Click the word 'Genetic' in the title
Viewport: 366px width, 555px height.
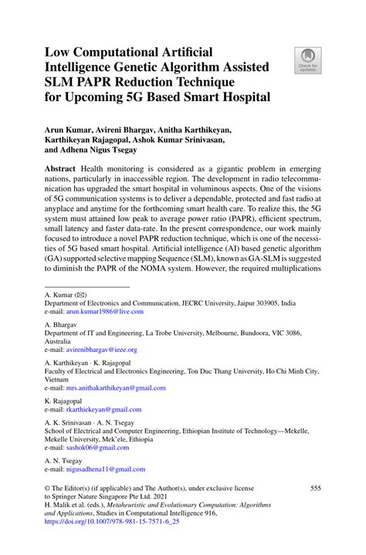coord(146,65)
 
